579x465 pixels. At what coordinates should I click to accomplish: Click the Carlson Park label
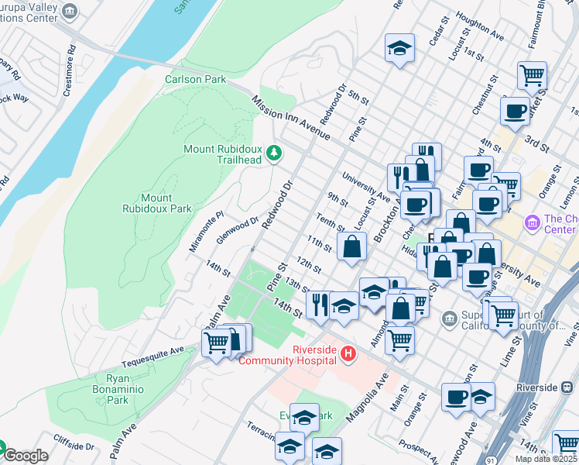coord(195,79)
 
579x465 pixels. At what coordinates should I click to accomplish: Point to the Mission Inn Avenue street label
coord(291,119)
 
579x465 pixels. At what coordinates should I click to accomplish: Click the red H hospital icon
coord(348,354)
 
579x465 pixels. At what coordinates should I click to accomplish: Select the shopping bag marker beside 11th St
coord(351,248)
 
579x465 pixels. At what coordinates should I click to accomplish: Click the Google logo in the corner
coord(26,456)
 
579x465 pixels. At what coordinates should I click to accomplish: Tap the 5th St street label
coord(358,98)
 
